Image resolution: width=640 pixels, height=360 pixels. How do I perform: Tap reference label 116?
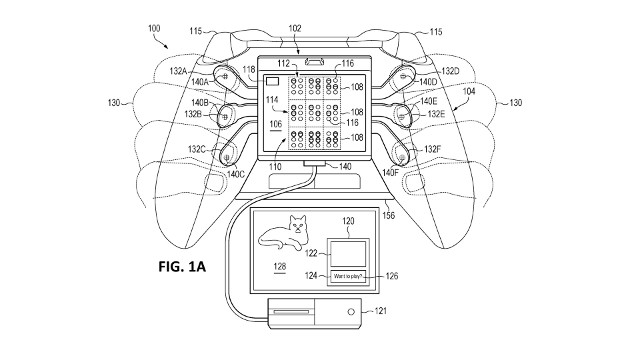point(349,64)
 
